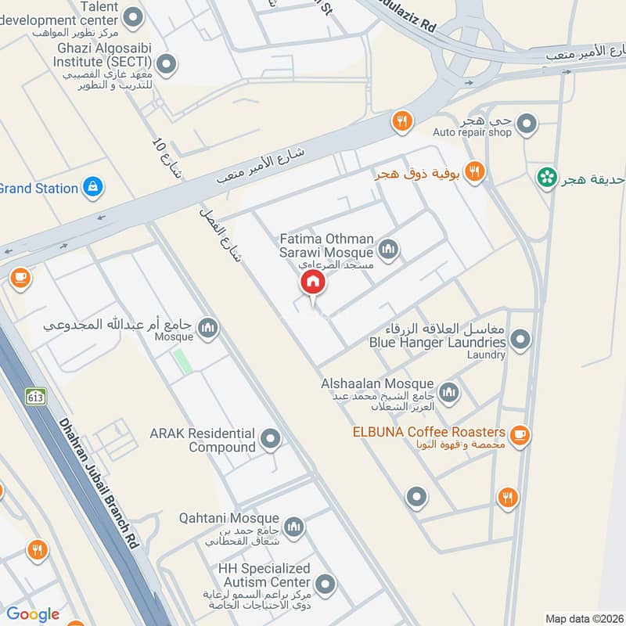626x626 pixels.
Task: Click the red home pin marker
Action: pos(312,282)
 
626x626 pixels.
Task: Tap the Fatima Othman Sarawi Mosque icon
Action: pos(388,250)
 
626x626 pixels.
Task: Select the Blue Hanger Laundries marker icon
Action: pos(520,340)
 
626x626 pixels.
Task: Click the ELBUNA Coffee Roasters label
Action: pos(428,432)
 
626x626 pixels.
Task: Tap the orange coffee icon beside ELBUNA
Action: pos(520,434)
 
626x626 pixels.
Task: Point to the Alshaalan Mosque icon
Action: pos(448,392)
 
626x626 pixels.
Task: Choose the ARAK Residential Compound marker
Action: pos(271,439)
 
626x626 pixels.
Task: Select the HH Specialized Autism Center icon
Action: pos(325,583)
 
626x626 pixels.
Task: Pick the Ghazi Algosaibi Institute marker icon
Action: pos(165,63)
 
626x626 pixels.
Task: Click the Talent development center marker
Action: pos(135,15)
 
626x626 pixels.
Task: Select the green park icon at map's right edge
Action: pos(546,178)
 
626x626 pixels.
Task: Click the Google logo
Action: pos(33,614)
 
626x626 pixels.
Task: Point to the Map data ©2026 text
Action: pos(584,618)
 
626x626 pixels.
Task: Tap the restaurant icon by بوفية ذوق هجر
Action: pos(473,171)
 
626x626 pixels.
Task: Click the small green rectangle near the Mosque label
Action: pos(182,361)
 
